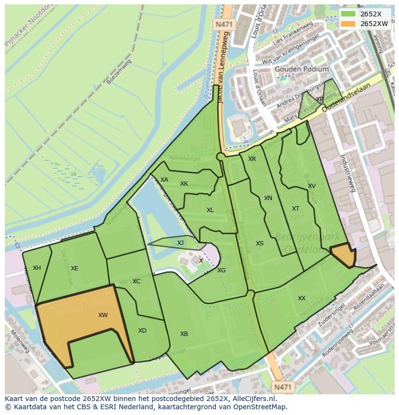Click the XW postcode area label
point(103,315)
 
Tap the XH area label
point(37,268)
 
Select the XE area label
point(74,268)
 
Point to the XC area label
point(136,281)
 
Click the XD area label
point(142,331)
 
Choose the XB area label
point(184,334)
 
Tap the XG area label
point(221,270)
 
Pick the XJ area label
point(180,243)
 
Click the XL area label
point(210,210)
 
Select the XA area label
point(164,180)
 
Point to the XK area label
point(184,184)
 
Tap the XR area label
point(252,159)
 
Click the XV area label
point(312,186)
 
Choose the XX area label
point(302,298)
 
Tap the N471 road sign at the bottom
point(282,387)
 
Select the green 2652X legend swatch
point(348,14)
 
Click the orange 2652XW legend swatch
point(348,24)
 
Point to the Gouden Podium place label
point(302,69)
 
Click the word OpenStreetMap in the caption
point(262,407)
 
